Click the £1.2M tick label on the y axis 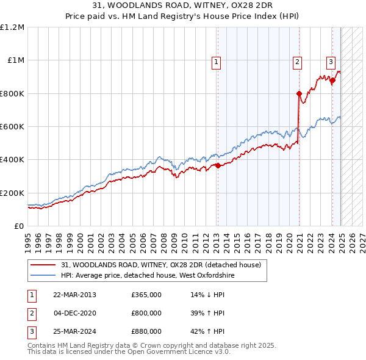point(12,27)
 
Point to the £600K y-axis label point(12,127)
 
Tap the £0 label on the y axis point(19,226)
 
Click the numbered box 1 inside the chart point(217,61)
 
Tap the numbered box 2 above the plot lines point(297,61)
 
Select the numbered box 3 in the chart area point(331,61)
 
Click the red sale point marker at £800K point(300,94)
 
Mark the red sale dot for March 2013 point(218,165)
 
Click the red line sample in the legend point(44,265)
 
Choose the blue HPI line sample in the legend point(44,275)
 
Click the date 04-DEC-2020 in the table point(76,313)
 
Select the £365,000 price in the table point(146,295)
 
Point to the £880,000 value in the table point(146,331)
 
